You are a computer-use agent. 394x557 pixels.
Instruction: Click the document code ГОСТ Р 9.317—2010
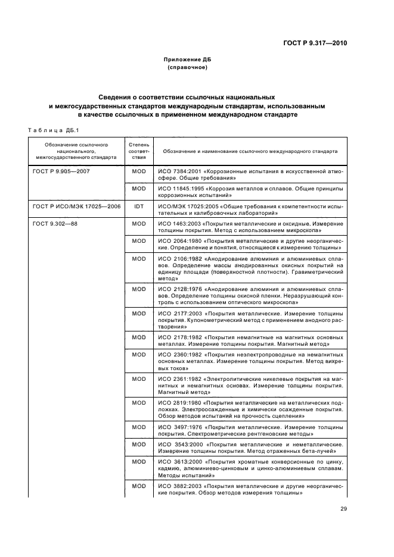point(314,43)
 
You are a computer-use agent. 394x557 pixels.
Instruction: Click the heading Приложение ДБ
point(188,60)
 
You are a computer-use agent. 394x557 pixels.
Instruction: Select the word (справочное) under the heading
point(188,68)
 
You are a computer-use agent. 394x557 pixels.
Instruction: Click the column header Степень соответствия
point(138,151)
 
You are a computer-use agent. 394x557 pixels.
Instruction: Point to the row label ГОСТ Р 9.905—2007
point(61,171)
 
